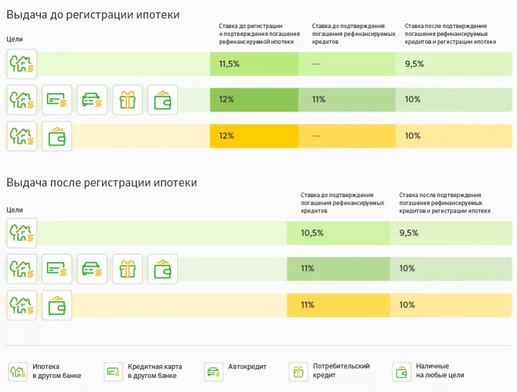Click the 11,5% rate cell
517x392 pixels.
coord(229,64)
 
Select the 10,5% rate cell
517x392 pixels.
coord(312,233)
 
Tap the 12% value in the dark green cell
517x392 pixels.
coord(226,100)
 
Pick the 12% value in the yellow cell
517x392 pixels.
coord(226,136)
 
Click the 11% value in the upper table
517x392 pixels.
coord(319,100)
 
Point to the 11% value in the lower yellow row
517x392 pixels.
coord(307,305)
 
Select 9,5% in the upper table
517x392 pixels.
coord(414,64)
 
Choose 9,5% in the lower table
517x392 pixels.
coord(409,233)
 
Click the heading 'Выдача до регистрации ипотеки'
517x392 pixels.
coord(93,15)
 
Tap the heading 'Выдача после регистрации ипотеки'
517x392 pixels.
coord(102,183)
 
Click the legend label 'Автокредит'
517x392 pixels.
coord(247,367)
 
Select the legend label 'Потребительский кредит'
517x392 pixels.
coord(341,371)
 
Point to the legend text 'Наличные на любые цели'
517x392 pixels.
coord(440,371)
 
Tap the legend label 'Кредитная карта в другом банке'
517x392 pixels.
coord(154,371)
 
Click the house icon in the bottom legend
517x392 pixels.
coord(18,372)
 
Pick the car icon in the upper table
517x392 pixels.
coord(92,100)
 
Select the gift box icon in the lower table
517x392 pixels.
coord(127,269)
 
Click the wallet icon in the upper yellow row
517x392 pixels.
coord(57,136)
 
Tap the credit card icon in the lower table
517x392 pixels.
coord(57,269)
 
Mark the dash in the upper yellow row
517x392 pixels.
coord(316,136)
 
